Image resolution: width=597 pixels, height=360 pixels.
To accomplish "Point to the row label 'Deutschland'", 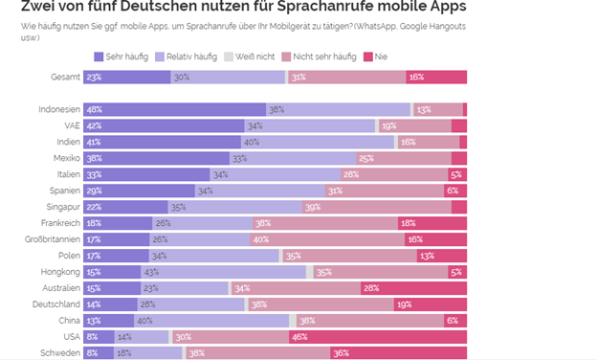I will (55, 304).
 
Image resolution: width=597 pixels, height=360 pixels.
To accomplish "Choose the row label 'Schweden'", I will (59, 353).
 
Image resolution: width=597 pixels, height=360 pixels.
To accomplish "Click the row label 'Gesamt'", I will (66, 77).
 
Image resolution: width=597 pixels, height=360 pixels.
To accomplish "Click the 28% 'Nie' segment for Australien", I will (413, 288).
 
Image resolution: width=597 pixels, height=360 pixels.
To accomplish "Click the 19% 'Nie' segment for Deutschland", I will (431, 304).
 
